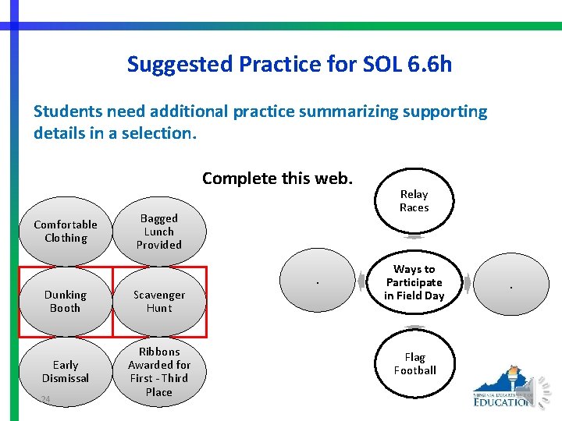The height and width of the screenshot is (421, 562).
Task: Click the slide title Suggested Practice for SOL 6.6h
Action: coord(289,63)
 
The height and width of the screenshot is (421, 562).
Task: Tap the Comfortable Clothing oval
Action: coord(66,232)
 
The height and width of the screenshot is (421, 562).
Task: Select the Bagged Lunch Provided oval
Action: coord(159,232)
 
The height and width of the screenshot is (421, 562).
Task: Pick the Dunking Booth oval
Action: coord(66,302)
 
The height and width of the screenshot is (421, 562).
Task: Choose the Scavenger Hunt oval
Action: coord(159,302)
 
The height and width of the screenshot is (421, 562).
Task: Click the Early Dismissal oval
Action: coord(66,371)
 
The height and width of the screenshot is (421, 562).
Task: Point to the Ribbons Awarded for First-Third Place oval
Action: coord(159,372)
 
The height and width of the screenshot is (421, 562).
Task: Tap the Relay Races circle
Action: coord(414,201)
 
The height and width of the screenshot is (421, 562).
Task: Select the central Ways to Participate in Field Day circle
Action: coord(414,282)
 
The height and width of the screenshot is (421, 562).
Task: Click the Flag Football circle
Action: coord(414,364)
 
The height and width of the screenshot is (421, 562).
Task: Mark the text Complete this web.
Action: coord(277,179)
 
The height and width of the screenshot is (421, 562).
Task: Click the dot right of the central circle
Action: coord(511,288)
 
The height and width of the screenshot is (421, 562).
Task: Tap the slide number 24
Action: coord(45,400)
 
